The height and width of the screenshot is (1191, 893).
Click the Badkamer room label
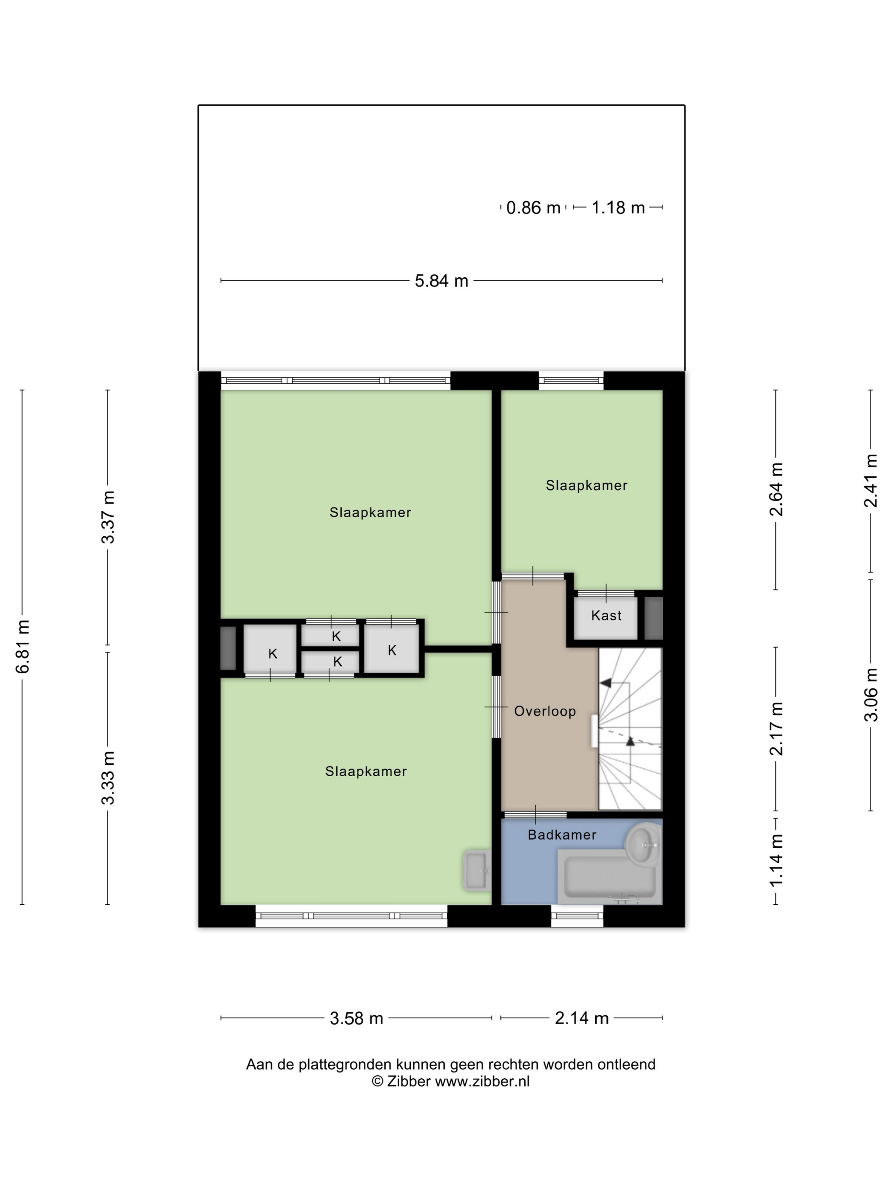[x=562, y=835]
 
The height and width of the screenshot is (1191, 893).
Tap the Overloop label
[x=545, y=711]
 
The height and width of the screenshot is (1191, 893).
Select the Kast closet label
[x=606, y=615]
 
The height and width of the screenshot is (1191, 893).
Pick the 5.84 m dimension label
[x=441, y=281]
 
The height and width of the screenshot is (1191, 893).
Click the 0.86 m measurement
[x=533, y=208]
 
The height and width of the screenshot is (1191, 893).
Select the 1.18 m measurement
[x=618, y=208]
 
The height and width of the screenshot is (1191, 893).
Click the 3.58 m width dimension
[x=356, y=1019]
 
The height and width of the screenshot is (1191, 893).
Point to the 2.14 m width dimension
[x=581, y=1019]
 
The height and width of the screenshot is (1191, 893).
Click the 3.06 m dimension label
[x=870, y=695]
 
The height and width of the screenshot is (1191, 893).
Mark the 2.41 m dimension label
[x=870, y=480]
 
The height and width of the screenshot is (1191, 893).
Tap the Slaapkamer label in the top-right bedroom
[x=586, y=486]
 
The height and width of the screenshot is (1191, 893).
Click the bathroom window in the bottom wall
[x=577, y=916]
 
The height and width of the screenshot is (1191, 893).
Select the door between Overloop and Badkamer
[x=535, y=815]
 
